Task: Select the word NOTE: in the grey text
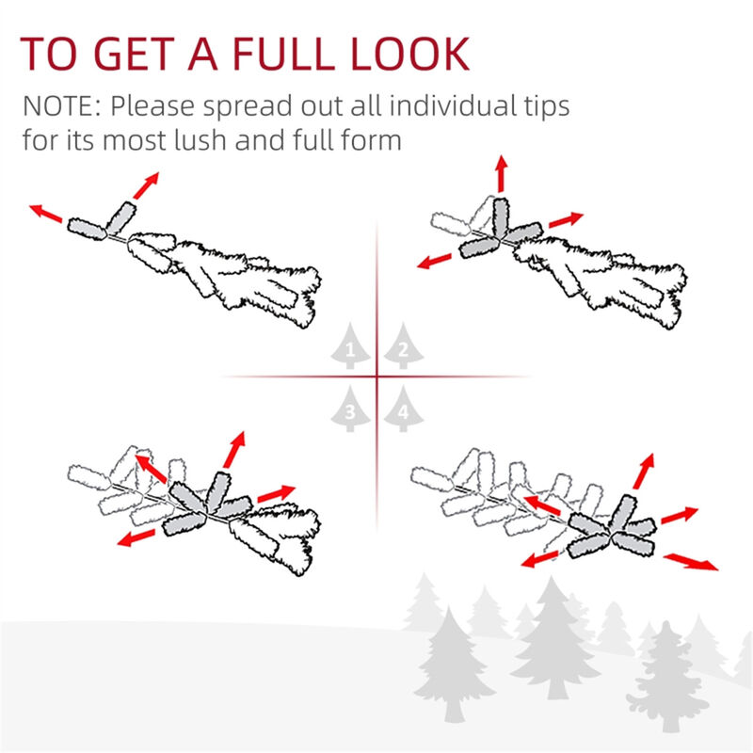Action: coord(62,105)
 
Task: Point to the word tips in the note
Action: coord(542,105)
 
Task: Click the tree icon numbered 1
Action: coord(350,350)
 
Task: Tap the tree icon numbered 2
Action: coord(403,350)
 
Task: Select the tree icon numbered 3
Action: coord(350,409)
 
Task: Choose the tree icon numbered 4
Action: coord(403,409)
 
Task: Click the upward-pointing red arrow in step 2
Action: coord(501,175)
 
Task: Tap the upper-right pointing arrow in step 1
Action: coord(146,185)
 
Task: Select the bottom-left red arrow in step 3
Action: coord(137,537)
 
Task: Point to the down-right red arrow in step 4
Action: coord(690,562)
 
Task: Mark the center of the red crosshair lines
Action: coord(376,377)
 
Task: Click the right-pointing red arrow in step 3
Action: coord(276,493)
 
